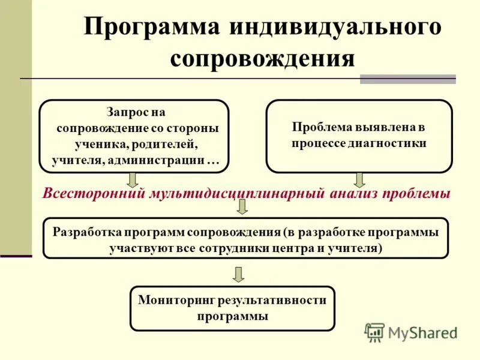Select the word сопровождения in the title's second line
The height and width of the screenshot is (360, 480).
[x=262, y=59]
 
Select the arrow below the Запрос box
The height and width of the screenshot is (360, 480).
[x=133, y=179]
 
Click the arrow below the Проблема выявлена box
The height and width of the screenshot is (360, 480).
[x=359, y=179]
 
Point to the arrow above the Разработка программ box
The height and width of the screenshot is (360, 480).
[x=242, y=207]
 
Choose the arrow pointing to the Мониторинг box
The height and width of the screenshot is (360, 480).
[x=239, y=274]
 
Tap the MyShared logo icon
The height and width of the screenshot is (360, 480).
[x=374, y=332]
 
